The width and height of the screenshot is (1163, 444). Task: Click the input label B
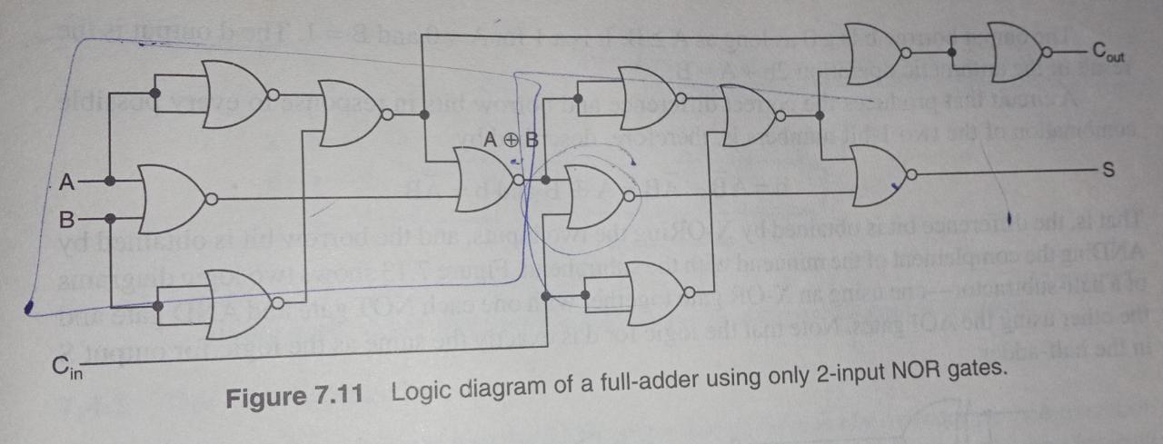pos(65,220)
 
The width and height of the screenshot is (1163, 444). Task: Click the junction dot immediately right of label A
pos(110,182)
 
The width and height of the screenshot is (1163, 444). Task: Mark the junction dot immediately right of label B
pos(110,218)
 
